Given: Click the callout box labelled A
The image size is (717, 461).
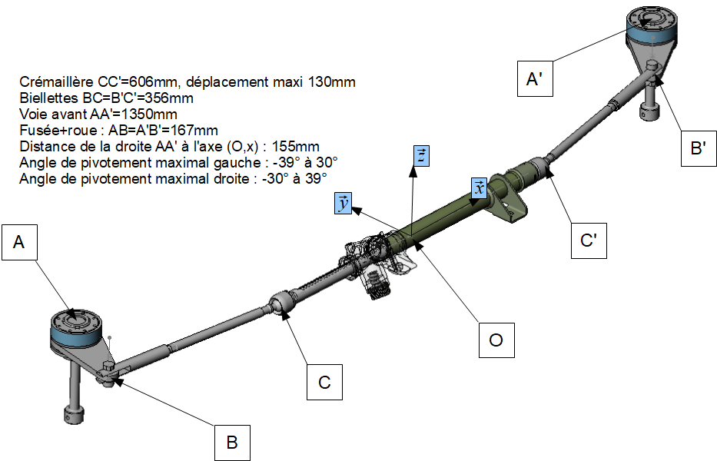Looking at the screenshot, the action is [20, 242].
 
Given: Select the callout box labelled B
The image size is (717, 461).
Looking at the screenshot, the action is [232, 443].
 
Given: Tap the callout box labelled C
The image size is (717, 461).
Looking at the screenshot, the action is [324, 383].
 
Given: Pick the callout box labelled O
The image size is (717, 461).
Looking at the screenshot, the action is [496, 340].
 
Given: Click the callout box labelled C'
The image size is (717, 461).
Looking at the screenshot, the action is [589, 241].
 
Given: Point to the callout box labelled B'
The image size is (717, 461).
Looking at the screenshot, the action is [699, 148].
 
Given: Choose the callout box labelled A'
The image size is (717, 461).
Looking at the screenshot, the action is [535, 78].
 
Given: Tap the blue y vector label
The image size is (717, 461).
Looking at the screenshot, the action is [343, 204].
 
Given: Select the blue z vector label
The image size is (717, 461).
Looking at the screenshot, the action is [421, 156].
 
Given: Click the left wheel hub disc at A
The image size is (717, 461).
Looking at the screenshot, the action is [76, 326].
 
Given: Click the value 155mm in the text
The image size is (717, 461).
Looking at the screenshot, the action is [295, 147].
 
